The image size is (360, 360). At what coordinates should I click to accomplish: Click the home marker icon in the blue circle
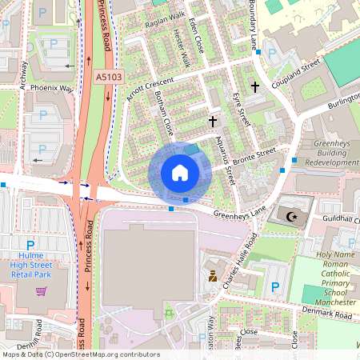[180, 173]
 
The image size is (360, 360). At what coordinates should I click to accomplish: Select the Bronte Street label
[254, 152]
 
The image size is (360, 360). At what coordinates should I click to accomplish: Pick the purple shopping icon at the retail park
[41, 290]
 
